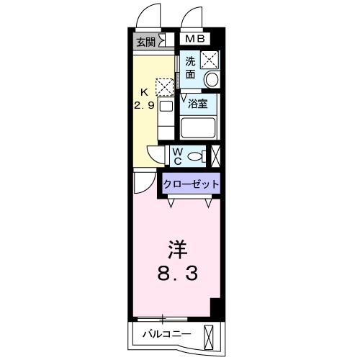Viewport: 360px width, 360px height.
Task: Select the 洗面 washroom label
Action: tap(190, 66)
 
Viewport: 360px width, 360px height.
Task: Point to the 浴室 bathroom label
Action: tap(198, 104)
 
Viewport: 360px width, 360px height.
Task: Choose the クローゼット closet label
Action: tap(191, 184)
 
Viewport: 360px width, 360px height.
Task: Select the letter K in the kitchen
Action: tap(144, 92)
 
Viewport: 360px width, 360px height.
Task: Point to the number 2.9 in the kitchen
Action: tap(144, 105)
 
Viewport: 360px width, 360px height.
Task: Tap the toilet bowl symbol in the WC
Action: tap(199, 156)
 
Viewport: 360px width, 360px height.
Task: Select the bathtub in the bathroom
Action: tap(199, 128)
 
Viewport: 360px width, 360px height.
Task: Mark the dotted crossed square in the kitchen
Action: tap(164, 87)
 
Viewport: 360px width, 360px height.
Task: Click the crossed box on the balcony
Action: tap(210, 336)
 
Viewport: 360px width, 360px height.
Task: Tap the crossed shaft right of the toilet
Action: tap(216, 156)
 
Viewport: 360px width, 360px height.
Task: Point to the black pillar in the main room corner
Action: tap(215, 306)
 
